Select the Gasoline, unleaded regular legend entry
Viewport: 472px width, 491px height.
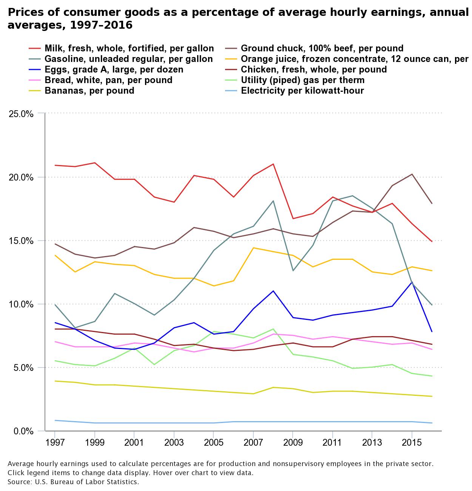click(x=128, y=59)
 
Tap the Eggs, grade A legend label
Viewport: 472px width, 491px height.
click(x=114, y=69)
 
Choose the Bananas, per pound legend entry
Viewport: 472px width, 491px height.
click(x=89, y=91)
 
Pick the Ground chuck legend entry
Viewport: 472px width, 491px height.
click(x=322, y=48)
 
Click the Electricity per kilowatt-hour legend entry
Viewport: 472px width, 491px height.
click(x=302, y=91)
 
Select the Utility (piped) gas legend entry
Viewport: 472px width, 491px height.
click(x=302, y=80)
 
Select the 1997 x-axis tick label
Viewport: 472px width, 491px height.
click(x=55, y=442)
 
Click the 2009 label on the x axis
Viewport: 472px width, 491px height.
click(x=293, y=442)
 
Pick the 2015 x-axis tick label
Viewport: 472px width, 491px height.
click(x=412, y=442)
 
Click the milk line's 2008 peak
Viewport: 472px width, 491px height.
click(x=273, y=164)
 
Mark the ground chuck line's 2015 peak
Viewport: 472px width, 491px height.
click(x=412, y=174)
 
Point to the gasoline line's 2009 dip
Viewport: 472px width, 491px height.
click(x=293, y=270)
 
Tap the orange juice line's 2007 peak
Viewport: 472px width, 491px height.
click(x=253, y=248)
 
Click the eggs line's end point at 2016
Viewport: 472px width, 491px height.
click(x=432, y=332)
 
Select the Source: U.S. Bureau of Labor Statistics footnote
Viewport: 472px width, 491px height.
click(x=73, y=482)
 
